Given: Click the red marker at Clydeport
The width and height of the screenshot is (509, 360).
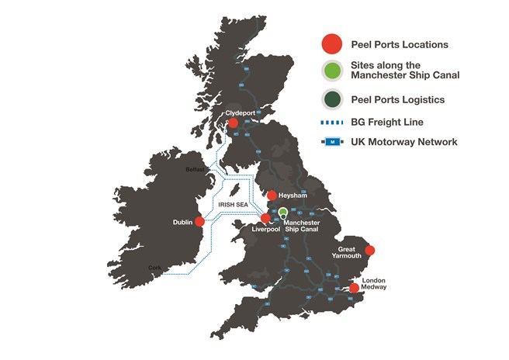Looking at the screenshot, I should (x=234, y=123).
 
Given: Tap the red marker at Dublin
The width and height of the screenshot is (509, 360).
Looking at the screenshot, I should (x=199, y=221).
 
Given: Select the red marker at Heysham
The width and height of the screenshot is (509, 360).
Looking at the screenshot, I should (x=272, y=196).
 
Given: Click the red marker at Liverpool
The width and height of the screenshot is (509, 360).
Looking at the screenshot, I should (x=266, y=219).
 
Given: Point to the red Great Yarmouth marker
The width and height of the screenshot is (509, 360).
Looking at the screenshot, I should (x=370, y=250).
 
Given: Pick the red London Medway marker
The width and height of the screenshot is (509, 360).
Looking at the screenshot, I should (x=354, y=288).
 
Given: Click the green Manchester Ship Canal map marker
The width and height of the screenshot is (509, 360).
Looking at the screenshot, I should (x=283, y=212).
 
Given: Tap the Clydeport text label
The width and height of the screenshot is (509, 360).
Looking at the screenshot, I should (x=240, y=112).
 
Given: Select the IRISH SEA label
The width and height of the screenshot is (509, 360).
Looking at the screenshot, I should (x=233, y=206).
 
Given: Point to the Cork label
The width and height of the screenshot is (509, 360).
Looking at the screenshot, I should (x=156, y=268).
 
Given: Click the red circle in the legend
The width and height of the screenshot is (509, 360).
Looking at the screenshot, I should (x=333, y=43).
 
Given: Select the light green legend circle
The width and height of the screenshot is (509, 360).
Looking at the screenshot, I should (x=333, y=73).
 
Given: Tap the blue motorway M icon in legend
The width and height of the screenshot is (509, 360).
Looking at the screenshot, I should (x=333, y=142).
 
